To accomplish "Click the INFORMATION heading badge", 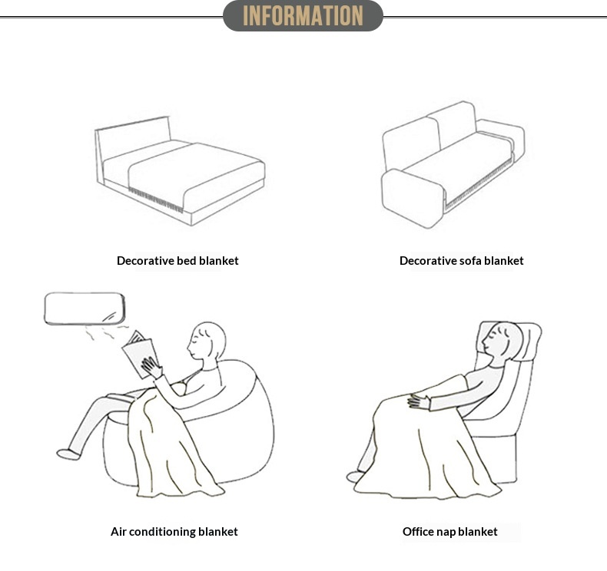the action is (x=303, y=16).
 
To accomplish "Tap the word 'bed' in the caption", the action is (x=187, y=261).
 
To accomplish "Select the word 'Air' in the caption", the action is (x=118, y=532).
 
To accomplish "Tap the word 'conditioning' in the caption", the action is (x=162, y=532).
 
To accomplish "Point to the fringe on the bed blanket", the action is (x=155, y=200).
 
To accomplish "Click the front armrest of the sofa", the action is (x=413, y=198).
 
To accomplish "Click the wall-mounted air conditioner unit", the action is (x=85, y=308).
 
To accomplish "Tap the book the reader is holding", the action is (x=139, y=354).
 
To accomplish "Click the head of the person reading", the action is (x=206, y=340).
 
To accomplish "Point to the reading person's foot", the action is (x=68, y=454).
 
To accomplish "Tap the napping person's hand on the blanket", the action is (x=418, y=402).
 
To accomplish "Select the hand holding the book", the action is (x=151, y=368).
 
